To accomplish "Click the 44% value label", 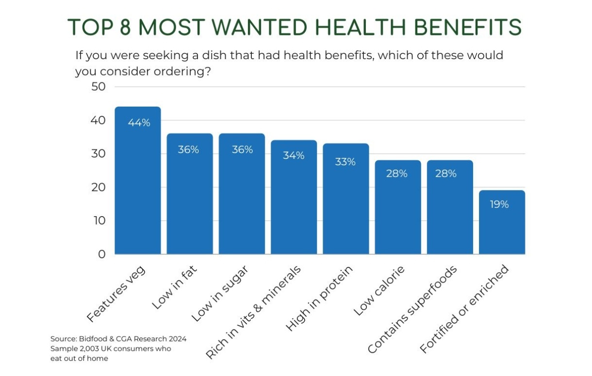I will [139, 123].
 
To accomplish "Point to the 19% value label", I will [499, 204].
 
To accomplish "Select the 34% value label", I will [294, 156].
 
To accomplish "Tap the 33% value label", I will [345, 162].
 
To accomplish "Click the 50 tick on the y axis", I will [99, 87].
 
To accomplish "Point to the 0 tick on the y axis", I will [102, 254].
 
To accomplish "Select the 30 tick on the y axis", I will [99, 154].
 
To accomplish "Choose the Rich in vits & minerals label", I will [253, 313].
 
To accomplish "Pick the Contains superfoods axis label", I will [412, 309].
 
